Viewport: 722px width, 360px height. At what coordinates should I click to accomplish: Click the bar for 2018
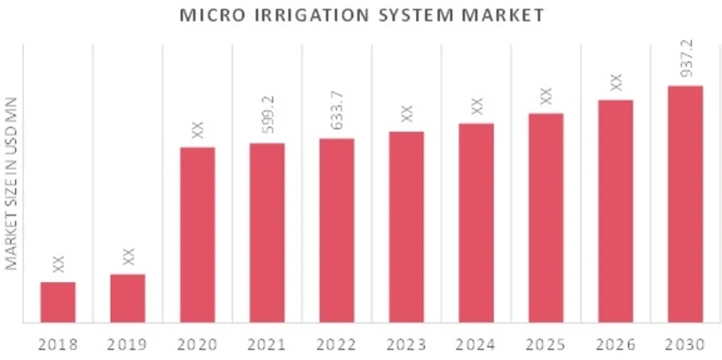click(x=58, y=301)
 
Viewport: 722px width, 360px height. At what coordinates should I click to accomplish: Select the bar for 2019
click(x=128, y=298)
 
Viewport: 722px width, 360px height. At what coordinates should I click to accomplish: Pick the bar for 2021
click(x=267, y=231)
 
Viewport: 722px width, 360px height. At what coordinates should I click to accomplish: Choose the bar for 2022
click(x=337, y=230)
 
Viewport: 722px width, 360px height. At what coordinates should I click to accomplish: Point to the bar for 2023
click(x=406, y=226)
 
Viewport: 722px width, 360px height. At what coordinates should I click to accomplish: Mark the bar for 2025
click(x=545, y=217)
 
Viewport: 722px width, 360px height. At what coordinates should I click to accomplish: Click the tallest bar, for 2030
click(x=685, y=203)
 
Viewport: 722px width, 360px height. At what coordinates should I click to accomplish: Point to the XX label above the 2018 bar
click(x=59, y=263)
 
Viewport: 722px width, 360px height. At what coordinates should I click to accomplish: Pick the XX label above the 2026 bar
click(x=616, y=82)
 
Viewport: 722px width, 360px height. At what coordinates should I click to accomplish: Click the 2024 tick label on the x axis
click(x=476, y=344)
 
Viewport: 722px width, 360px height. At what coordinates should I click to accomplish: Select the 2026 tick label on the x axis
click(x=616, y=344)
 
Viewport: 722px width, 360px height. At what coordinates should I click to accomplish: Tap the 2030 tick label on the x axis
click(x=685, y=344)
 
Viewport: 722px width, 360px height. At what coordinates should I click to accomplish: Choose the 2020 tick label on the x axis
click(x=197, y=344)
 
